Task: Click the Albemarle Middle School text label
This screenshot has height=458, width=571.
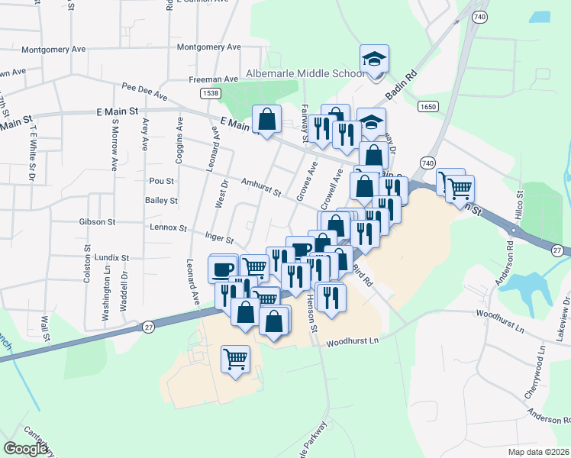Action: (303, 74)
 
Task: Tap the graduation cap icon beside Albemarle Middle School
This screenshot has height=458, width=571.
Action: (374, 60)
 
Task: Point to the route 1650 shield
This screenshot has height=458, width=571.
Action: (427, 108)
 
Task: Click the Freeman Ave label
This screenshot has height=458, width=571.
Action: (214, 79)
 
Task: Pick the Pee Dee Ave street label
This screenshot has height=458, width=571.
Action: (144, 92)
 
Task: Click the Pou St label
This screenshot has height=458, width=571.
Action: (162, 182)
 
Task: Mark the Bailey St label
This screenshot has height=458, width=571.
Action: (161, 201)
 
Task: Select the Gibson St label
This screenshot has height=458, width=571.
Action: (96, 222)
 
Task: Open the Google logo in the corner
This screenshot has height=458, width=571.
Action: (26, 449)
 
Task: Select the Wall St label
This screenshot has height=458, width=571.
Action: (45, 328)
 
